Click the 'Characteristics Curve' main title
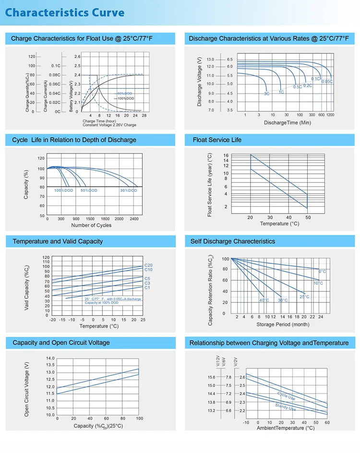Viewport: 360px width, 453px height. [65, 13]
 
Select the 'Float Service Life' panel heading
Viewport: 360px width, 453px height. [217, 140]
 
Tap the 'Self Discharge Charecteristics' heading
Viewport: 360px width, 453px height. [233, 241]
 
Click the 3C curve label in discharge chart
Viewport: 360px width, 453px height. [266, 94]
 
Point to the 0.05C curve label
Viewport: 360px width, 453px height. [327, 82]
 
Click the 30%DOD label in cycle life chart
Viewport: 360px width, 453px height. [128, 191]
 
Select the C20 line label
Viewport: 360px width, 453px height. [148, 265]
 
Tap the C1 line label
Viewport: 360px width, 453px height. [147, 287]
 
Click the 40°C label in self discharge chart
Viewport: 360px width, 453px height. [264, 300]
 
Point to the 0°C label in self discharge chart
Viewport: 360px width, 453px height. [323, 272]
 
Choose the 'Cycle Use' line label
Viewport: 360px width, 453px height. [286, 396]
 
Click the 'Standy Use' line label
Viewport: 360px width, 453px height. [285, 407]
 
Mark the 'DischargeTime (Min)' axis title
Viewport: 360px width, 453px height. [288, 123]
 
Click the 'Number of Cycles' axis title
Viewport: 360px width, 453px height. [91, 225]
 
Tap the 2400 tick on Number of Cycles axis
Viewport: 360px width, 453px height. [133, 219]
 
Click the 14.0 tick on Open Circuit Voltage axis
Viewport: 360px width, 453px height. [50, 358]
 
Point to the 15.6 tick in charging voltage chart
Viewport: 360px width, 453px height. [211, 377]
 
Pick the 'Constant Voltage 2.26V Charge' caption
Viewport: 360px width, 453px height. [109, 125]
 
